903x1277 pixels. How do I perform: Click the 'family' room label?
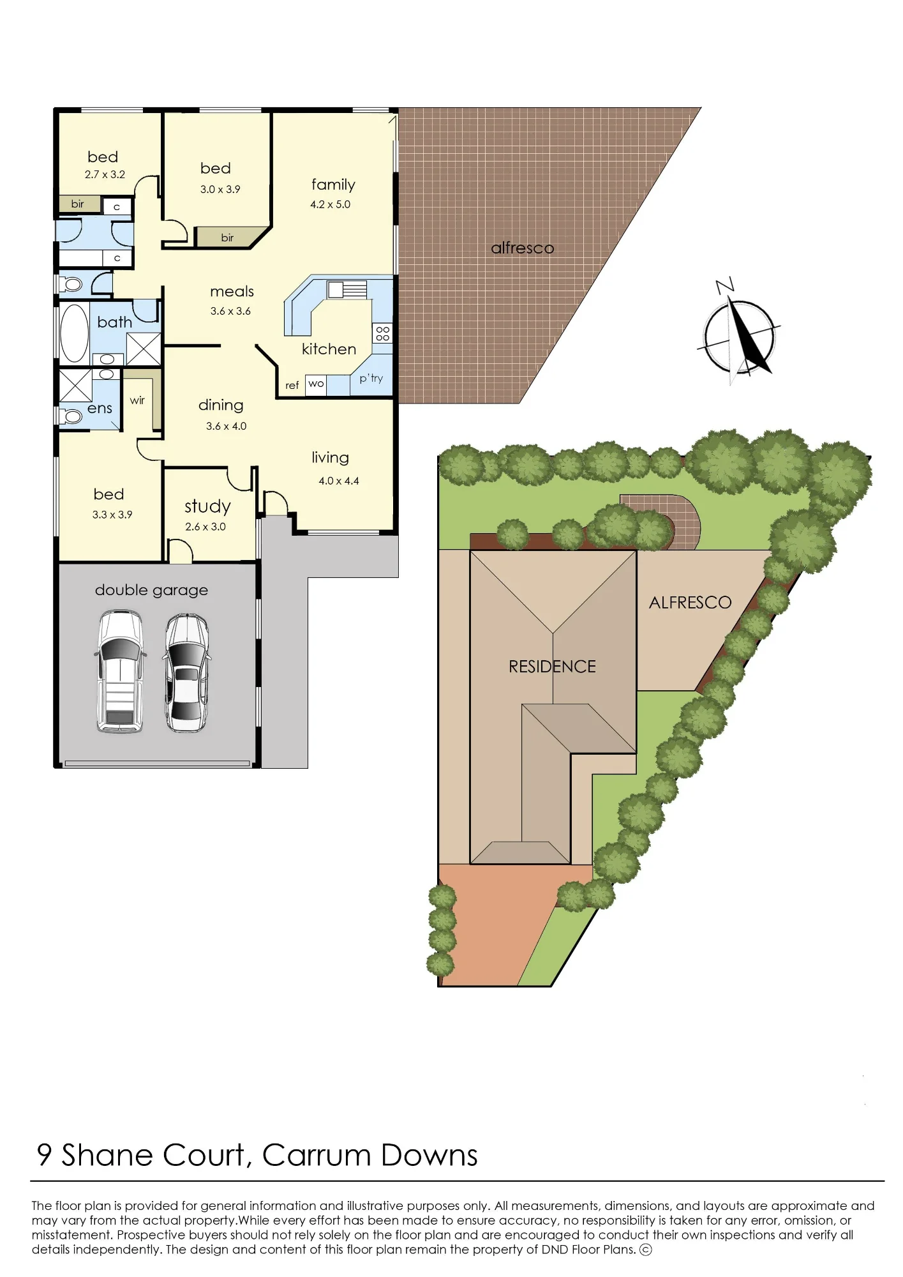coord(333,185)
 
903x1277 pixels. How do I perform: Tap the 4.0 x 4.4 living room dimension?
coord(339,481)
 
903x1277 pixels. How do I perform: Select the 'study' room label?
coord(207,506)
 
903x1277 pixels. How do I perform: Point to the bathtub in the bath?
coord(74,333)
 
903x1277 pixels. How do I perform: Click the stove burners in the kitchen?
coord(383,333)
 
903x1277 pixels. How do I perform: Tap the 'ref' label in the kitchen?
coord(292,386)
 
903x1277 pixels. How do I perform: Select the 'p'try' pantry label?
coord(371,378)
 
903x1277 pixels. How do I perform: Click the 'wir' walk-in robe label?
coord(137,400)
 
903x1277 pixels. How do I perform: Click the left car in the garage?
coord(119,671)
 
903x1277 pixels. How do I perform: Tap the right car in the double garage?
coord(187,672)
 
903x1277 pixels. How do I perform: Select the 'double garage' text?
coord(151,590)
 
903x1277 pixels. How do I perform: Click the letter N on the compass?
coord(725,285)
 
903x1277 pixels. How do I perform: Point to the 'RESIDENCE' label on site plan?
coord(552,667)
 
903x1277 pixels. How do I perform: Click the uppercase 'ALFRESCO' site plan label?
coord(690,603)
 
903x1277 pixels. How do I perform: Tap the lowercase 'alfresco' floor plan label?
coord(523,248)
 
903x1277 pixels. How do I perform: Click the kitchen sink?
coord(347,290)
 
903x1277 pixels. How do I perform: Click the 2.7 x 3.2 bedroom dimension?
coord(105,174)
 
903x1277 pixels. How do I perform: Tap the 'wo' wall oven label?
coord(316,384)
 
